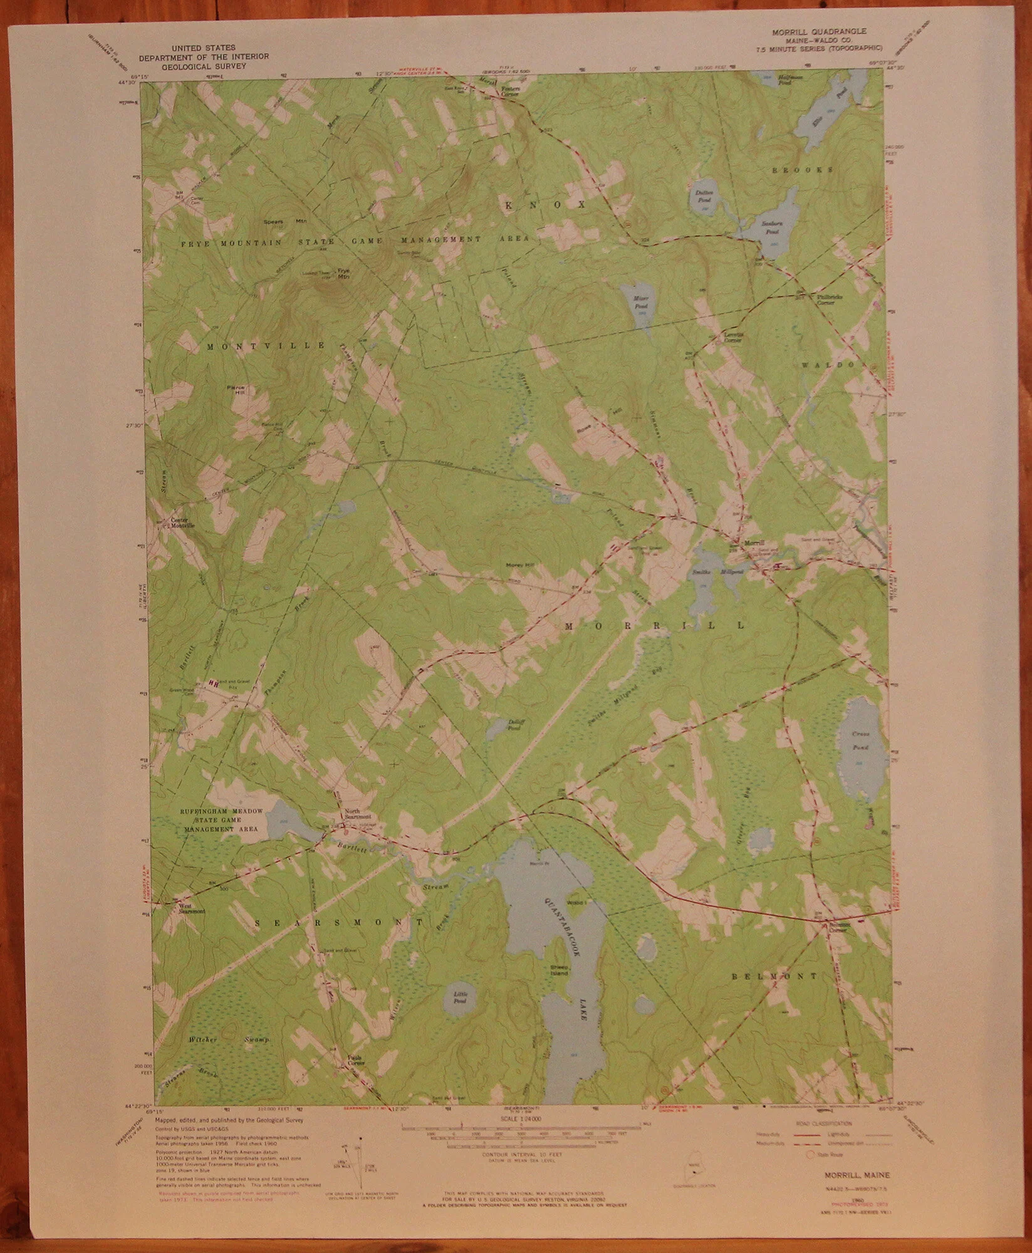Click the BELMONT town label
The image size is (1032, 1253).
point(774,976)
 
